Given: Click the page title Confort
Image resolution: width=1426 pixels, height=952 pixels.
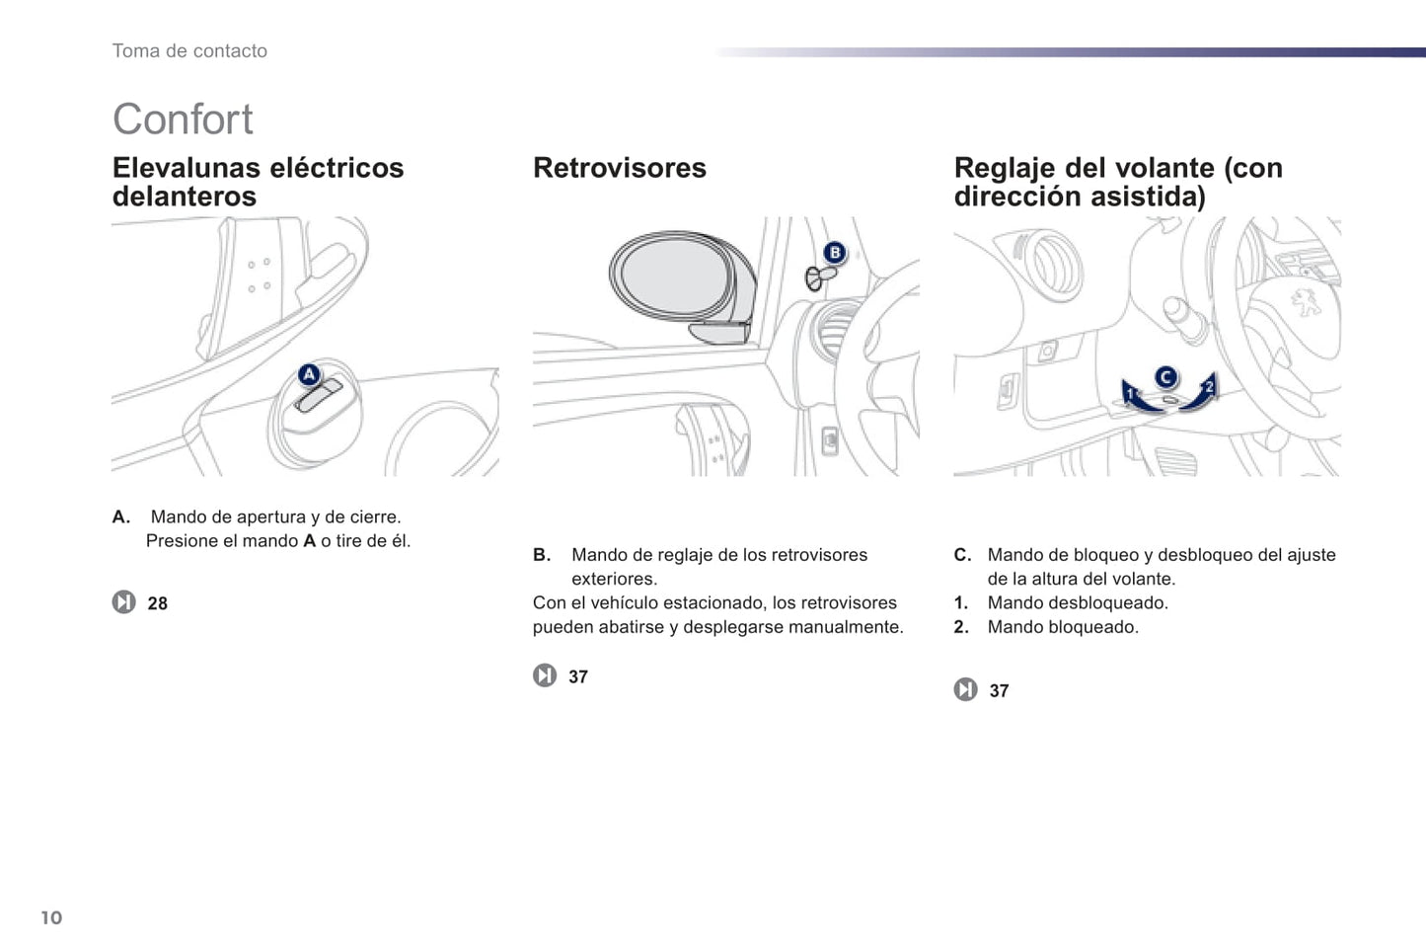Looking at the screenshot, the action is click(183, 119).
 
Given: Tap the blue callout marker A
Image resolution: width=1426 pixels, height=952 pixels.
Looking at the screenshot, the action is click(310, 374).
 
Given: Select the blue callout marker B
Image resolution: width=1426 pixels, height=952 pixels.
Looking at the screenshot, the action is click(835, 253).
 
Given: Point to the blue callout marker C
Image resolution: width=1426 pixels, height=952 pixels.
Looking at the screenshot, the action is click(1165, 378).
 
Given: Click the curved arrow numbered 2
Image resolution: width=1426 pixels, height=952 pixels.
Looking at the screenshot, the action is click(1200, 395).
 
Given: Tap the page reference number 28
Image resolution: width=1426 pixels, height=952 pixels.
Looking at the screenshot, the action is click(157, 603).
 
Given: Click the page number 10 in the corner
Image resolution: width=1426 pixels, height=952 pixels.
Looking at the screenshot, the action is click(51, 917).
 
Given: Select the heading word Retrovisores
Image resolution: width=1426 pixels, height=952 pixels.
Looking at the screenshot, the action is click(620, 168).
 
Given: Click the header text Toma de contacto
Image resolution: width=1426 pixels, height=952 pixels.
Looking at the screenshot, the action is click(189, 51).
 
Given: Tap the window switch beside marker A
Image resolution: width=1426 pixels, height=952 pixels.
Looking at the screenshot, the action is click(319, 395).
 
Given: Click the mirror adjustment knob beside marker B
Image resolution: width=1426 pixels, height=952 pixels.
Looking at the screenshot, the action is click(820, 278).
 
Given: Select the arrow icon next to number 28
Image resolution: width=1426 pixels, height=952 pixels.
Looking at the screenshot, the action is click(123, 602).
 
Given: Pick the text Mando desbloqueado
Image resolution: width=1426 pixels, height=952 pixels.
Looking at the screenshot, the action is click(1078, 602).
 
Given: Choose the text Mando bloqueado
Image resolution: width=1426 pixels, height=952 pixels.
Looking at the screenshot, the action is click(1063, 627).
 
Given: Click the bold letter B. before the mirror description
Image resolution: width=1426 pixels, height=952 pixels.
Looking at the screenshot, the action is click(542, 555).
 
